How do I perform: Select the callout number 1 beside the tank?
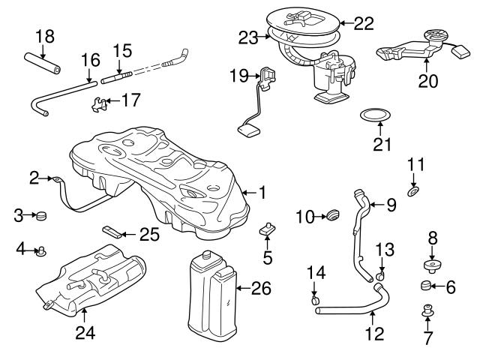(x=262, y=193)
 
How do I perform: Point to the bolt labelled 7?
(x=427, y=310)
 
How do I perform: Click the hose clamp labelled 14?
(x=314, y=301)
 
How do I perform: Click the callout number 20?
(x=427, y=81)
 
